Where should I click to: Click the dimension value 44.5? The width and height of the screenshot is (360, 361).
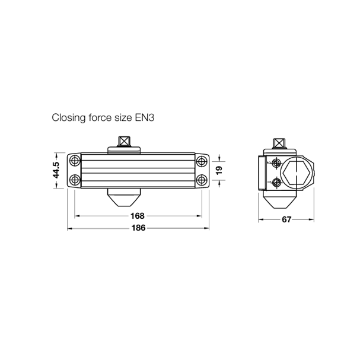[56, 170]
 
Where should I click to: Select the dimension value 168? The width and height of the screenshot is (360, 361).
[137, 216]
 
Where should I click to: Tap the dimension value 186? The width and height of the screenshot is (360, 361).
[138, 228]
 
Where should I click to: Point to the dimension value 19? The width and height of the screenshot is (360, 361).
[219, 170]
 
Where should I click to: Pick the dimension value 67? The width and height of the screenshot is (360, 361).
[286, 220]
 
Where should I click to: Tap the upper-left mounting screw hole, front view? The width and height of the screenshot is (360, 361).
[75, 161]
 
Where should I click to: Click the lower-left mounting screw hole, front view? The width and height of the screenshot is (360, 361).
[75, 180]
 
